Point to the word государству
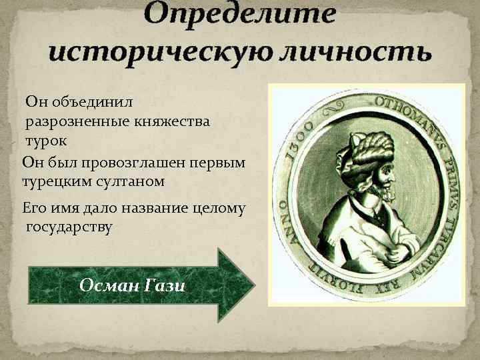point(69,227)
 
